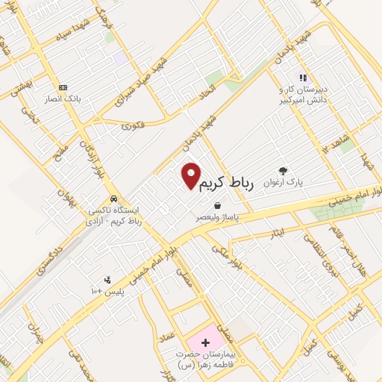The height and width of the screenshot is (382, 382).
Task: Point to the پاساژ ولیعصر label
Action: [x=217, y=218]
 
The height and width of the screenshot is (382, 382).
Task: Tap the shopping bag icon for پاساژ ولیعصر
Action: [x=216, y=206]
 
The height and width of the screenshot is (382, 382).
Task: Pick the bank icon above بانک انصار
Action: [x=63, y=87]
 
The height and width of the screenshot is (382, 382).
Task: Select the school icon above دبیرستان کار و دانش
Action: [x=303, y=77]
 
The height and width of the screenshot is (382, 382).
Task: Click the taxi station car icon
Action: [x=112, y=199]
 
